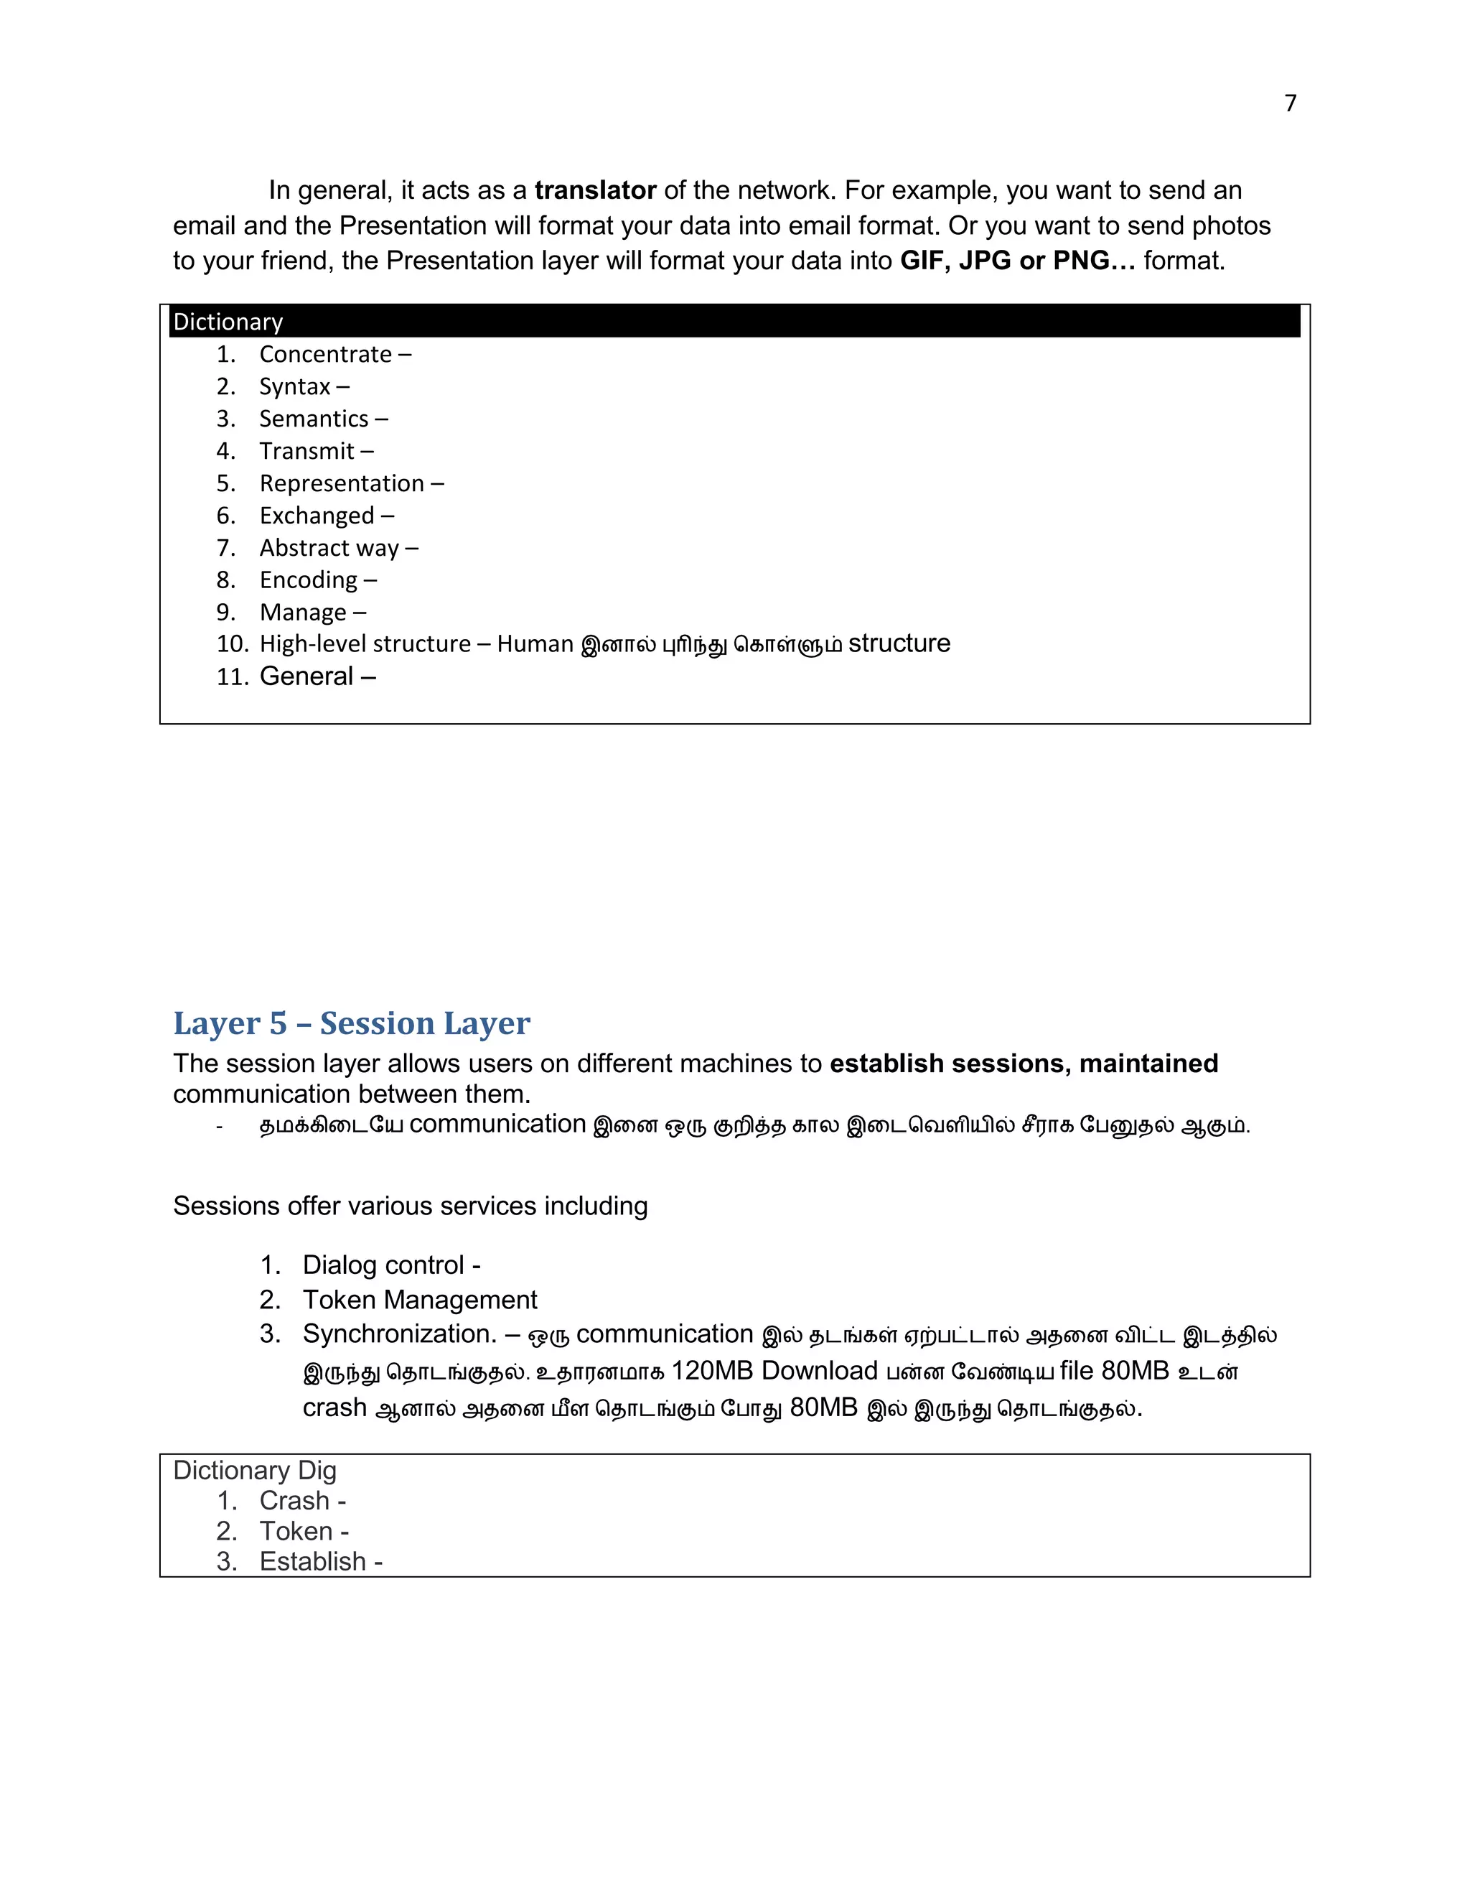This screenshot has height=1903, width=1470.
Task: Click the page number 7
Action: [x=1290, y=103]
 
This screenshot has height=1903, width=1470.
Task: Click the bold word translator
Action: [x=595, y=191]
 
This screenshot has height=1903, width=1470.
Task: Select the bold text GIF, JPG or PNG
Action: [x=1017, y=261]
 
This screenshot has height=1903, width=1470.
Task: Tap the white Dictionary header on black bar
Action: [x=228, y=322]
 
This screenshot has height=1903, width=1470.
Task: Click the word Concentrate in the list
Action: [x=326, y=355]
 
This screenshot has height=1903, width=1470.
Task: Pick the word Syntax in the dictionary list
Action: [x=295, y=387]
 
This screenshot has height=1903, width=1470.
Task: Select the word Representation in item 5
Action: [x=342, y=483]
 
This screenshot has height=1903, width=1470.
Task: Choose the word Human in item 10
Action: [x=535, y=645]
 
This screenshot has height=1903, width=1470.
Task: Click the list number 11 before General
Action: [x=233, y=677]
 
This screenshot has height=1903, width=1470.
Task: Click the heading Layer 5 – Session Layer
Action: [x=351, y=1023]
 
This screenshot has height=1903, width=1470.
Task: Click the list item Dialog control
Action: [x=383, y=1265]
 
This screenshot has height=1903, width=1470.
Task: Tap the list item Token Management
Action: [x=420, y=1300]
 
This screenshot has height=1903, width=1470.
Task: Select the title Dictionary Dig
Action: [x=254, y=1471]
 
